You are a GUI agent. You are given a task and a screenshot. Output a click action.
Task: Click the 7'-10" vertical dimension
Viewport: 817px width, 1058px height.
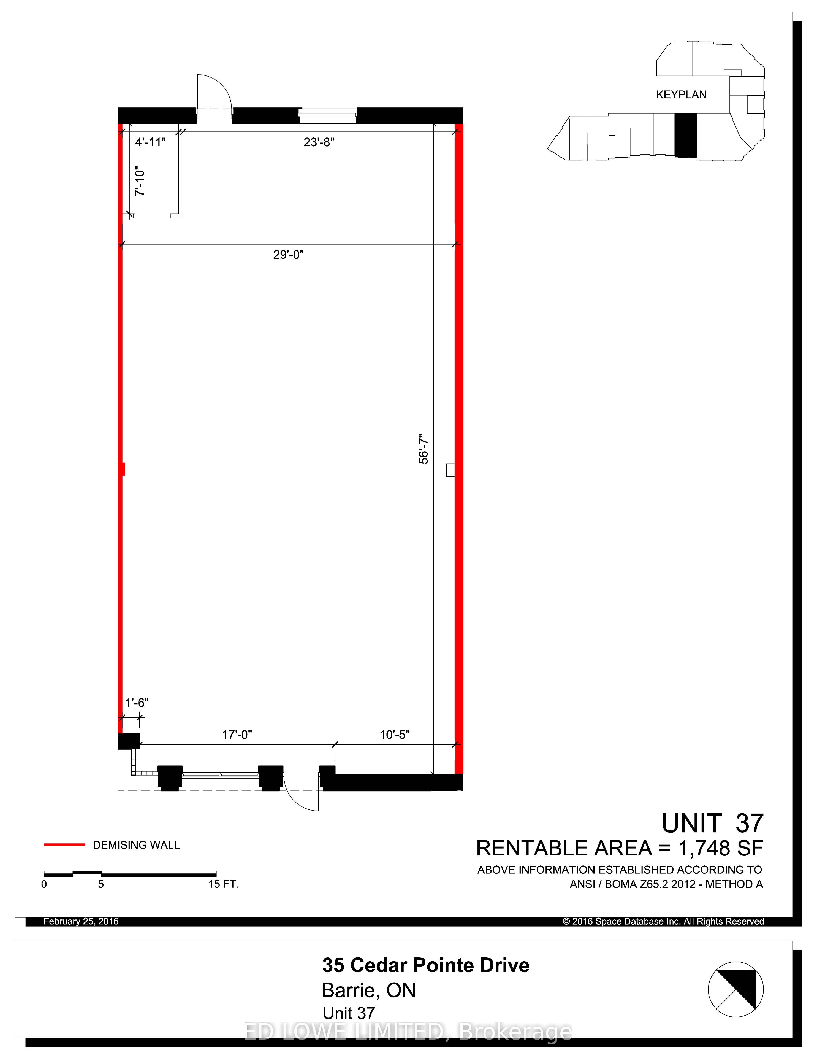pos(140,182)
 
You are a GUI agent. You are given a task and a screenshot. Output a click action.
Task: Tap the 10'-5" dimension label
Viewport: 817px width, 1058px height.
pos(394,735)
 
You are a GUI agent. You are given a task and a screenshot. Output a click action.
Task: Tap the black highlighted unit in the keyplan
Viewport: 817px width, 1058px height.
pos(686,135)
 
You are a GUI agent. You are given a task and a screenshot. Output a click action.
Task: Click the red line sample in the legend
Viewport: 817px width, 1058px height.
pos(64,845)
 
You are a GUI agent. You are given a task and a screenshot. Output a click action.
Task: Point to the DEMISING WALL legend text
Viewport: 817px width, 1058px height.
pos(136,845)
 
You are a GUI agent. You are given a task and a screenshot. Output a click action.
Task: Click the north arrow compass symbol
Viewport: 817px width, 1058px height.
pos(736,989)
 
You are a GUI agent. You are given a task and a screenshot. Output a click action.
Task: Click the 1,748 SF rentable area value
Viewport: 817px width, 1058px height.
pos(721,848)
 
